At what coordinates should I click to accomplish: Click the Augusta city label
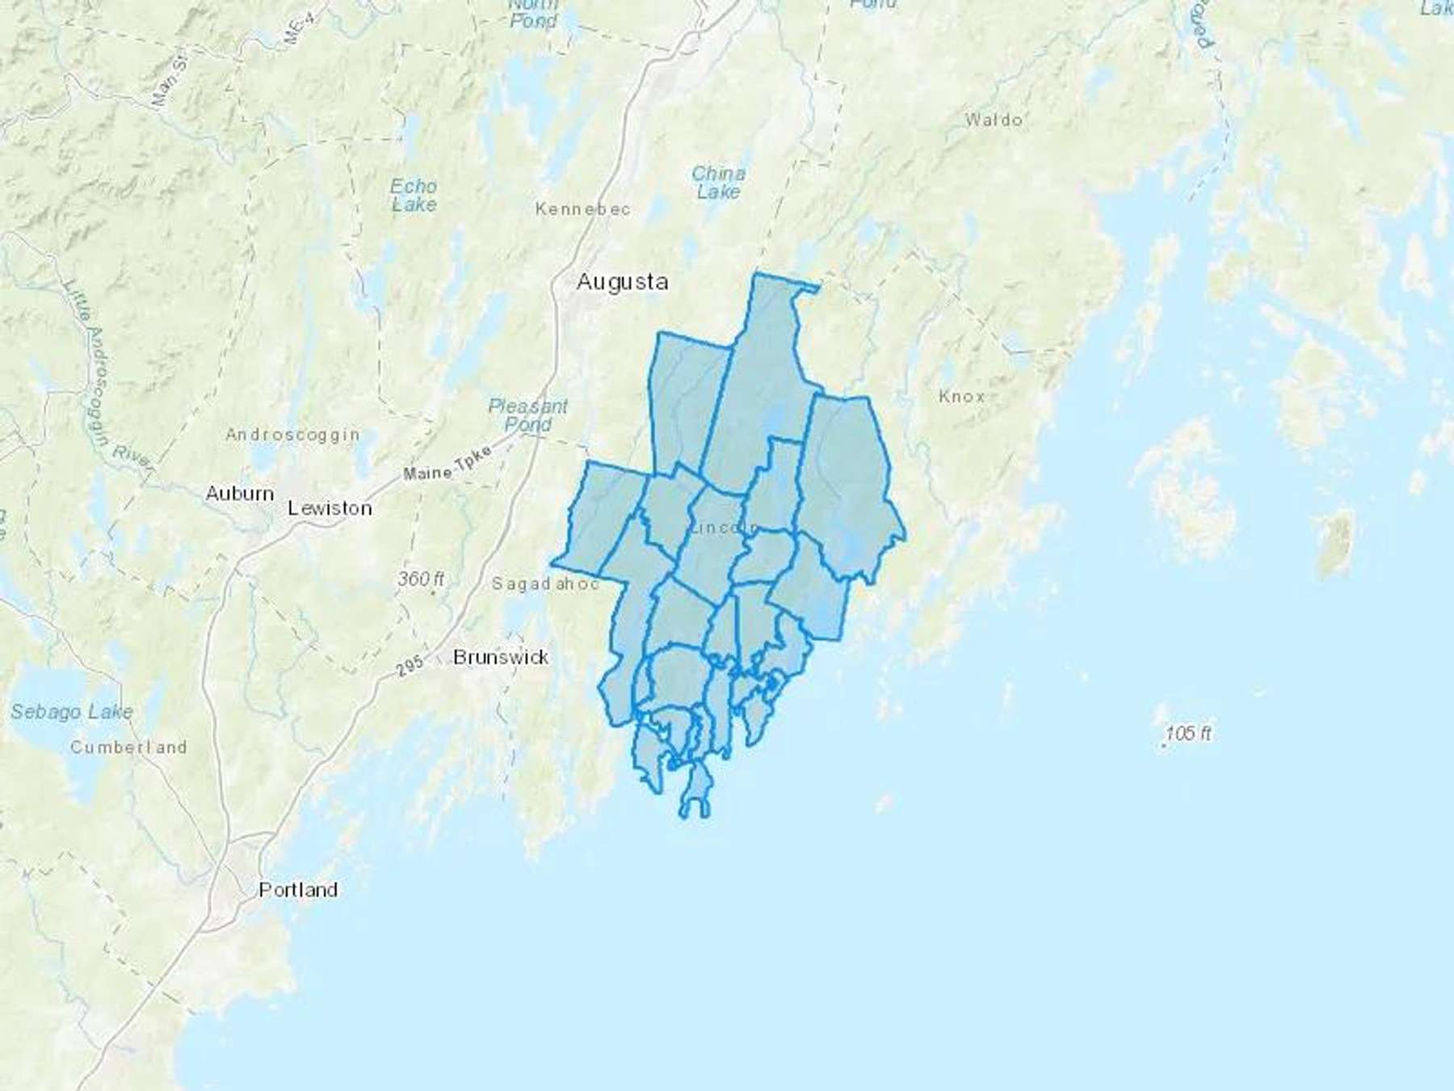622,282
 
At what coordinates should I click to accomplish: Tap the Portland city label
298,890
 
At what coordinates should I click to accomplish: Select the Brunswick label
501,657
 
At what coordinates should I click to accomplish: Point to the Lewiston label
330,508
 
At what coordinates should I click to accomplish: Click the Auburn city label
239,493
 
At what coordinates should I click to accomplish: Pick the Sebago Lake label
72,712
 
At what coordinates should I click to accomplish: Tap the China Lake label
718,183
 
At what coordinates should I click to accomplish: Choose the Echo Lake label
414,196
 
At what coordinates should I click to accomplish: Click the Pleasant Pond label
528,415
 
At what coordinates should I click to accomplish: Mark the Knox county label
962,397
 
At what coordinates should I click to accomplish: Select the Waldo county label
994,120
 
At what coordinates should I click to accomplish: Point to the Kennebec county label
582,209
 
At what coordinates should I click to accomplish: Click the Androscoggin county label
292,435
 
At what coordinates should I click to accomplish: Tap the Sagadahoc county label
545,583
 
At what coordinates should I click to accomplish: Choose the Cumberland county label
128,748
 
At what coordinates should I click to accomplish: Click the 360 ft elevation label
420,579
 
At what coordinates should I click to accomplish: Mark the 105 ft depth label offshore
1187,734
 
